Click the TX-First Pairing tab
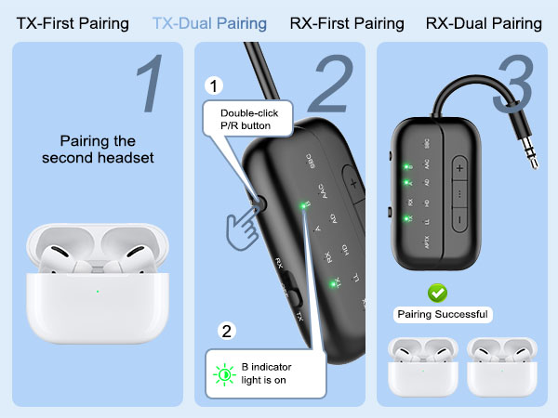point(73,23)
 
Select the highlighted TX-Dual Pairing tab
point(209,23)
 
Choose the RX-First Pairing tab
point(347,23)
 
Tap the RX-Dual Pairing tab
point(485,23)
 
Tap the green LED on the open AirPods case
point(97,292)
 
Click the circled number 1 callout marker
point(213,86)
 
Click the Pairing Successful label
point(443,314)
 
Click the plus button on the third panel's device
point(459,169)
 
